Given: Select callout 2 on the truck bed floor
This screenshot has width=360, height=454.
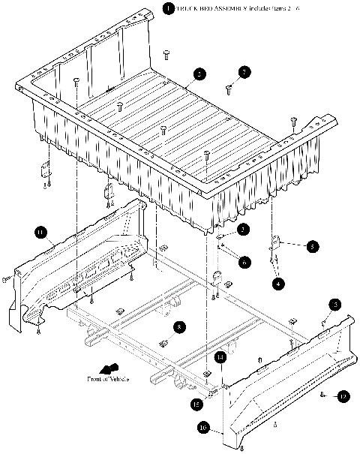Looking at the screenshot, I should (199, 74).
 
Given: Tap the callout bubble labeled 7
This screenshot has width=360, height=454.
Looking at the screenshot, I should (243, 72).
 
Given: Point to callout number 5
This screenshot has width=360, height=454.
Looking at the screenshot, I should (312, 245).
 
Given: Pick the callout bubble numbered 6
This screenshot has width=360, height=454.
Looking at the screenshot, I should (244, 261).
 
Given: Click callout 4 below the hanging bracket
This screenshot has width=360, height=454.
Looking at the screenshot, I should (278, 284).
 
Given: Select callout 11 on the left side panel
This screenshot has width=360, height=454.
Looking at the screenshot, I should (40, 233).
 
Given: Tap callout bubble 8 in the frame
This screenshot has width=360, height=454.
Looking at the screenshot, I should (179, 327).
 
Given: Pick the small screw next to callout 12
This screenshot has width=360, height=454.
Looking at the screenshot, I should (322, 394).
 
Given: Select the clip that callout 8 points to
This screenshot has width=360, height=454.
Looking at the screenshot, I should (163, 344).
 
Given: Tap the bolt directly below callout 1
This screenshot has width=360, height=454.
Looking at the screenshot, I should (166, 53).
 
